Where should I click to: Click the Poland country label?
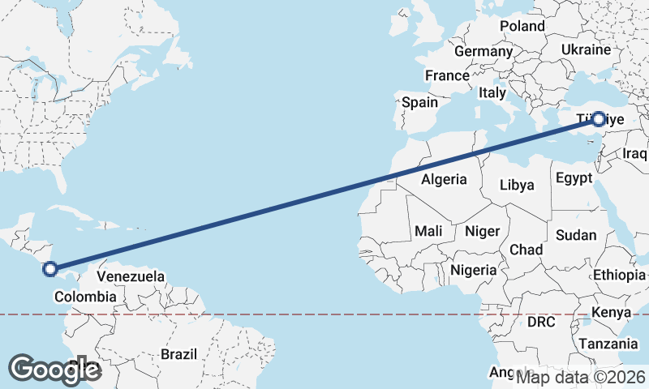coord(522,26)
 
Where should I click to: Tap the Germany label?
coord(483,51)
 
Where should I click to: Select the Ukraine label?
coord(585,50)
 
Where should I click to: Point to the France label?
coord(447,75)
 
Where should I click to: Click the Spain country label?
coord(419,103)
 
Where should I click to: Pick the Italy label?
coord(492,92)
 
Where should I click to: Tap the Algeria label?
coord(444,179)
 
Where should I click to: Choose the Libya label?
coord(517,185)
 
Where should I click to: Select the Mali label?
coord(428,231)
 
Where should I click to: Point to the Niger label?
coord(482,231)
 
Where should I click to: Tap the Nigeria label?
coord(473,269)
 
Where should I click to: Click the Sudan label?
coord(576,235)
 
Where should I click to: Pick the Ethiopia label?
coord(618,275)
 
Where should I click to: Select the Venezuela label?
coord(131,276)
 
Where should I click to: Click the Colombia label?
coord(85,297)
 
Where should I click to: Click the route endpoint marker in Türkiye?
coord(599,119)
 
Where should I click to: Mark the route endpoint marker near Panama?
coord(50,268)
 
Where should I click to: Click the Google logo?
coord(54,370)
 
